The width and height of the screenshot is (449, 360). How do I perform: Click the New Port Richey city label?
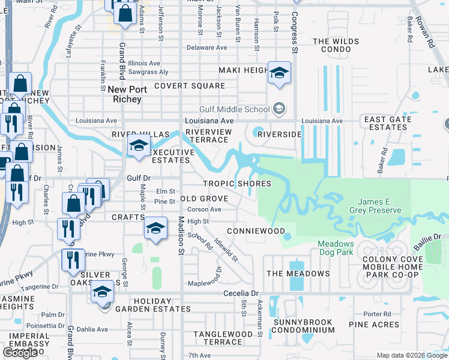[124, 94]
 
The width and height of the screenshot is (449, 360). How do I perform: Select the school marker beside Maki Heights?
[279, 73]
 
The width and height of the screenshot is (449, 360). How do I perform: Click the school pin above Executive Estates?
[139, 145]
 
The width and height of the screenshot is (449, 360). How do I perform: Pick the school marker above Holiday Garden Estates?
[103, 292]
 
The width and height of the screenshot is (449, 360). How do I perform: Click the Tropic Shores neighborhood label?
[237, 184]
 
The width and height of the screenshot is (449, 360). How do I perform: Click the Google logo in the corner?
[20, 353]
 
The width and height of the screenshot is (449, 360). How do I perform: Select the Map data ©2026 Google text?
[412, 355]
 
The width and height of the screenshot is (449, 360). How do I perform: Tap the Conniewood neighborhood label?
[256, 231]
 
